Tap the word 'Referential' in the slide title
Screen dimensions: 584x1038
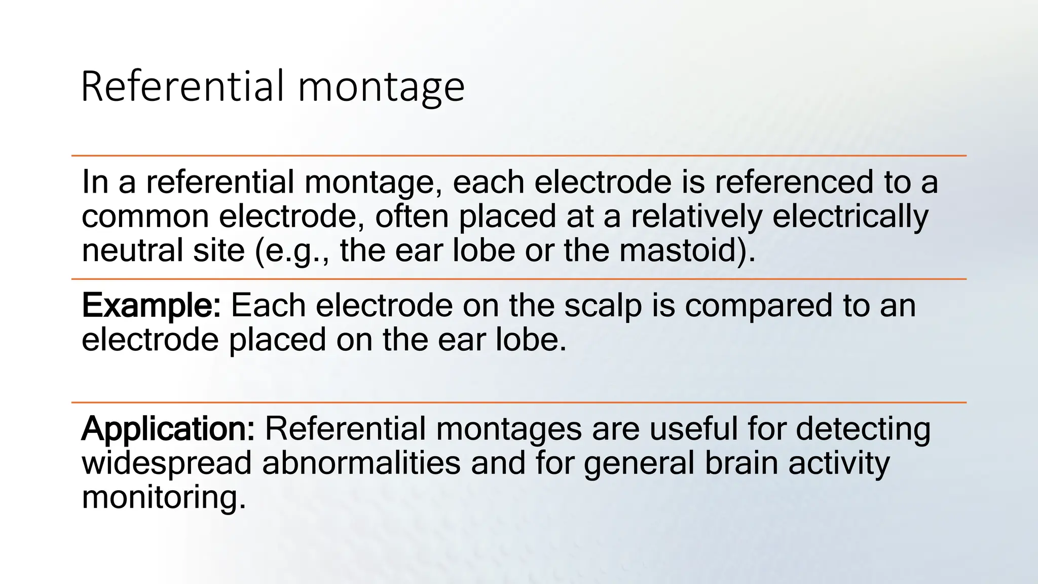[x=182, y=86]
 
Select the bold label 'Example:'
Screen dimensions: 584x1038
[x=151, y=306]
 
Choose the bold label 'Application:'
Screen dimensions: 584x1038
[x=168, y=429]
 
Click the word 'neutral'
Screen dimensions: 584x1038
[x=125, y=250]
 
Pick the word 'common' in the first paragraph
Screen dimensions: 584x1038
[x=145, y=216]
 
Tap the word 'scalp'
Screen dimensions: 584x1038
[x=603, y=306]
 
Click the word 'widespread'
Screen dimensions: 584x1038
[x=166, y=463]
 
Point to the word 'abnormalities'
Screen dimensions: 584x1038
[x=361, y=463]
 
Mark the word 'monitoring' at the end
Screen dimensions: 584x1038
[x=163, y=497]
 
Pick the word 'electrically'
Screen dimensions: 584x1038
[x=850, y=216]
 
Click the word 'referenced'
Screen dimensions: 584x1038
[x=794, y=182]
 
